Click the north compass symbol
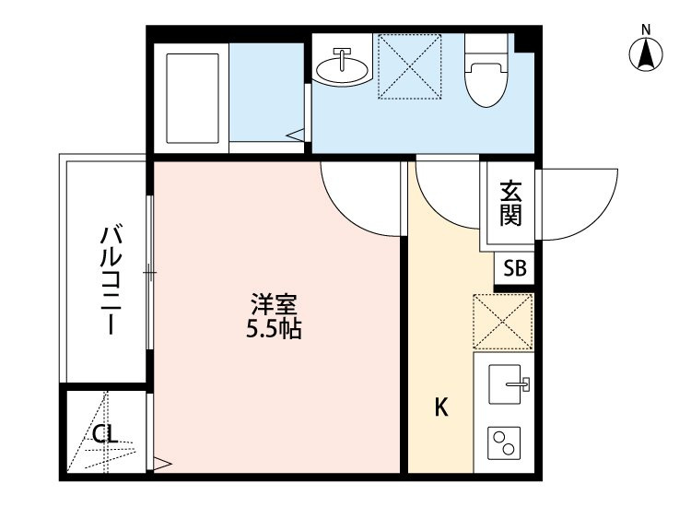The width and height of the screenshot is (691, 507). pos(647,54)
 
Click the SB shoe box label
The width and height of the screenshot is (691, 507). pos(515,270)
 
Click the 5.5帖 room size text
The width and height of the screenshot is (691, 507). pos(274,328)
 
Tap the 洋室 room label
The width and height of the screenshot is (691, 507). pos(274,303)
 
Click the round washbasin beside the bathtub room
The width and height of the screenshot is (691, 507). pos(341,66)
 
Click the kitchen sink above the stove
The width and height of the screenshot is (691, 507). pos(506,384)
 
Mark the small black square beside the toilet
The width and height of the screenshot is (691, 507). pos(525,41)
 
